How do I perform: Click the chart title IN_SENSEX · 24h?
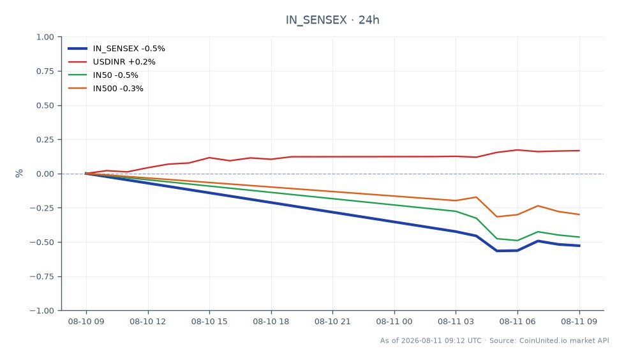332,20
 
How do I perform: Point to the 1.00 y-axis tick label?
45,37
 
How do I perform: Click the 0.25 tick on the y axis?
45,140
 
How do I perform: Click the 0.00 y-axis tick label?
45,174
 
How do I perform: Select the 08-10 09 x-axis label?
86,321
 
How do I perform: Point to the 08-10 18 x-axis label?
271,321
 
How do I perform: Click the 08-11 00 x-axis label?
394,321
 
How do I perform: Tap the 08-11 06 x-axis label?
517,321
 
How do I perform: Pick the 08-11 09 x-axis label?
579,321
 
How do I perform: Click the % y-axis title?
19,173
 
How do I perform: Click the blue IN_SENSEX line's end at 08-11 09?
579,246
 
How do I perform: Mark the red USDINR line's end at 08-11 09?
579,151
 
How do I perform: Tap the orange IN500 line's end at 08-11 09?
579,214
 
